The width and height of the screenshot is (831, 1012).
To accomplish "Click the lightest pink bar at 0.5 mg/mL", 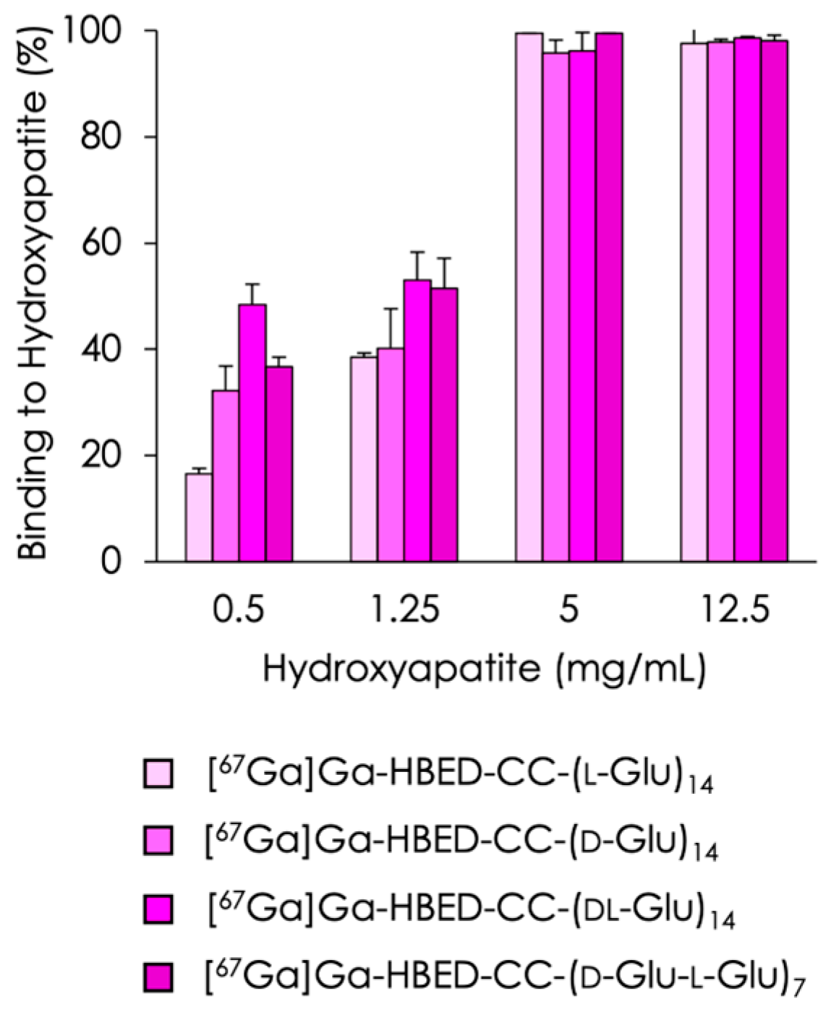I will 199,517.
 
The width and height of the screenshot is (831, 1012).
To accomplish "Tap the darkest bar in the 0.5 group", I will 279,463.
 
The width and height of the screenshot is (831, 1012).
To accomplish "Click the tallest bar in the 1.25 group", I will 417,420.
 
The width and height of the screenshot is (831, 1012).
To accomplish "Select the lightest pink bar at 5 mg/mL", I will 529,296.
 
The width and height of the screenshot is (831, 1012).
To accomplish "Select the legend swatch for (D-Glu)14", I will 159,841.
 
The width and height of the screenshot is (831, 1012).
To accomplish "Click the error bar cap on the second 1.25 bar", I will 391,309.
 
